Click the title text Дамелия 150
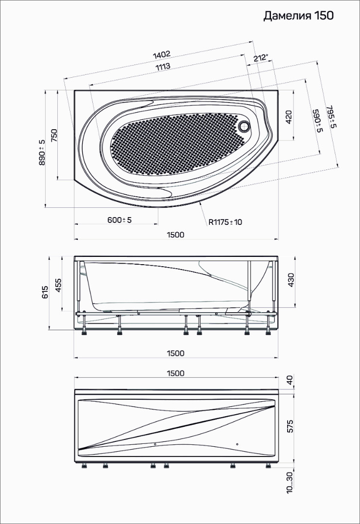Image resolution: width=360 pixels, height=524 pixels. pos(298,16)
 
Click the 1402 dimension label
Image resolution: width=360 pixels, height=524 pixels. pos(162,54)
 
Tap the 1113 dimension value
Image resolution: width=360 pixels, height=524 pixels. pos(163,67)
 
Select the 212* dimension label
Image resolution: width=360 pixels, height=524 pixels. pos(261,58)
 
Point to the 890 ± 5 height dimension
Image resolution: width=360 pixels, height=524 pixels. pos(42,152)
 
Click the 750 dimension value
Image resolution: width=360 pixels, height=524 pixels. pos(54,135)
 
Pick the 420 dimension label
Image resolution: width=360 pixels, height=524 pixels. pos(289,118)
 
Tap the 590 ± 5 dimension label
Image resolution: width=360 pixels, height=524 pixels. pos(316,120)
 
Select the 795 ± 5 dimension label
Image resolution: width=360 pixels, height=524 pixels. pos(331,117)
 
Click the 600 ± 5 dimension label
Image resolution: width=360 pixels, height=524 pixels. pos(120,220)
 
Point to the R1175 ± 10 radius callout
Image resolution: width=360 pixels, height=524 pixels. pos(225,222)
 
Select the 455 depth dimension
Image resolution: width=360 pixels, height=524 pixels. pos(58,285)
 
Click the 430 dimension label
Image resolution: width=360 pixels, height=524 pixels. pos(291,280)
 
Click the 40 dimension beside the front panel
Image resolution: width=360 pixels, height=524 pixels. pos(290,380)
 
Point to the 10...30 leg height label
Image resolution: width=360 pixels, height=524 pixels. pos(290,482)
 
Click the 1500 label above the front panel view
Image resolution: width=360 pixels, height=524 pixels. pos(175,373)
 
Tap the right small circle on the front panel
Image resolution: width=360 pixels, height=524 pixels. pos(237,444)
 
